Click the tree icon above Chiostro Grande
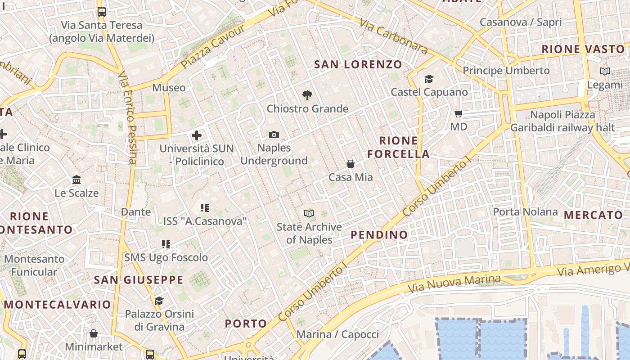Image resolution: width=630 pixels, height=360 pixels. pyautogui.click(x=307, y=95)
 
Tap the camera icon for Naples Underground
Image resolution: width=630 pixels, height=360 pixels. pyautogui.click(x=274, y=135)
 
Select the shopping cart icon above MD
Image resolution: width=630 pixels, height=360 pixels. pyautogui.click(x=459, y=113)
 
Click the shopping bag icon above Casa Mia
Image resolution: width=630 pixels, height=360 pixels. pyautogui.click(x=350, y=164)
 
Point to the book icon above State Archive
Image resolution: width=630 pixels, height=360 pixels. pyautogui.click(x=309, y=213)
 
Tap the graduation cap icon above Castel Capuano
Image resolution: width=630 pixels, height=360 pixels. pyautogui.click(x=429, y=79)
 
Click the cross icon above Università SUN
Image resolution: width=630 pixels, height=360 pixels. pyautogui.click(x=196, y=135)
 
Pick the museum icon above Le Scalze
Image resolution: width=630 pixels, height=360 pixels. pyautogui.click(x=76, y=180)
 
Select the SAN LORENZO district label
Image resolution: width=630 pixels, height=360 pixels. pyautogui.click(x=358, y=64)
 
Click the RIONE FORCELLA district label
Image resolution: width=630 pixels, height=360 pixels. pyautogui.click(x=398, y=147)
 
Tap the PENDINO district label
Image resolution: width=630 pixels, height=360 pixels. pyautogui.click(x=379, y=234)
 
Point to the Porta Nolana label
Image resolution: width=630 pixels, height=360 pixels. pyautogui.click(x=525, y=211)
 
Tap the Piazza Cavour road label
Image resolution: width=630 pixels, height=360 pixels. pyautogui.click(x=213, y=46)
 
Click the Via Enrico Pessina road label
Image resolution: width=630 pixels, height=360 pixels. pyautogui.click(x=127, y=117)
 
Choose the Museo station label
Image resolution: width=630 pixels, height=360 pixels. pyautogui.click(x=169, y=87)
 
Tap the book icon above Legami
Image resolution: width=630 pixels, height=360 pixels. pyautogui.click(x=605, y=71)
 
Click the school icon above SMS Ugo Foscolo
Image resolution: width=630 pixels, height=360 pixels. pyautogui.click(x=166, y=244)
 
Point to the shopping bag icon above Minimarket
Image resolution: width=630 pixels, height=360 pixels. pyautogui.click(x=94, y=333)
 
